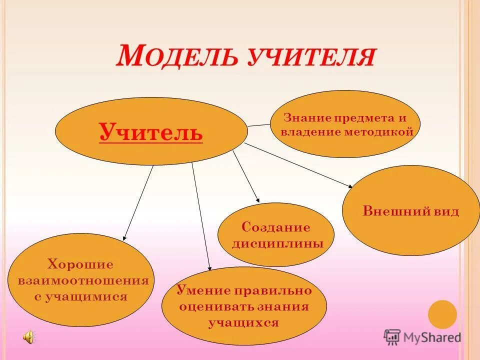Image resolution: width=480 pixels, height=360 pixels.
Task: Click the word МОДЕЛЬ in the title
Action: pos(177,56)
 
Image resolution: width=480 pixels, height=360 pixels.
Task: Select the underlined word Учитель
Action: pos(151,132)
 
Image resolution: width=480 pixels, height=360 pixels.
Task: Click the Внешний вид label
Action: pos(410,211)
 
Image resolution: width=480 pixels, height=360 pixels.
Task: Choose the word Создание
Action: pos(276,227)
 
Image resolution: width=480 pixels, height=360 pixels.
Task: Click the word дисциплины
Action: pos(276,244)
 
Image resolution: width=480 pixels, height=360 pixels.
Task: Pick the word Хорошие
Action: pos(80,264)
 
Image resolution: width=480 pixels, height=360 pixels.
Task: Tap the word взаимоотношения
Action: pos(83,280)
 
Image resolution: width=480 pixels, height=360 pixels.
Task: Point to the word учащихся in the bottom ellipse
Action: pos(243,322)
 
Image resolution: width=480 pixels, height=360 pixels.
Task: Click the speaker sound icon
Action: pos(28,337)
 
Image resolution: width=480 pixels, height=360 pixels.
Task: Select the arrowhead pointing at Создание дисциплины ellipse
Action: pos(257,199)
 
